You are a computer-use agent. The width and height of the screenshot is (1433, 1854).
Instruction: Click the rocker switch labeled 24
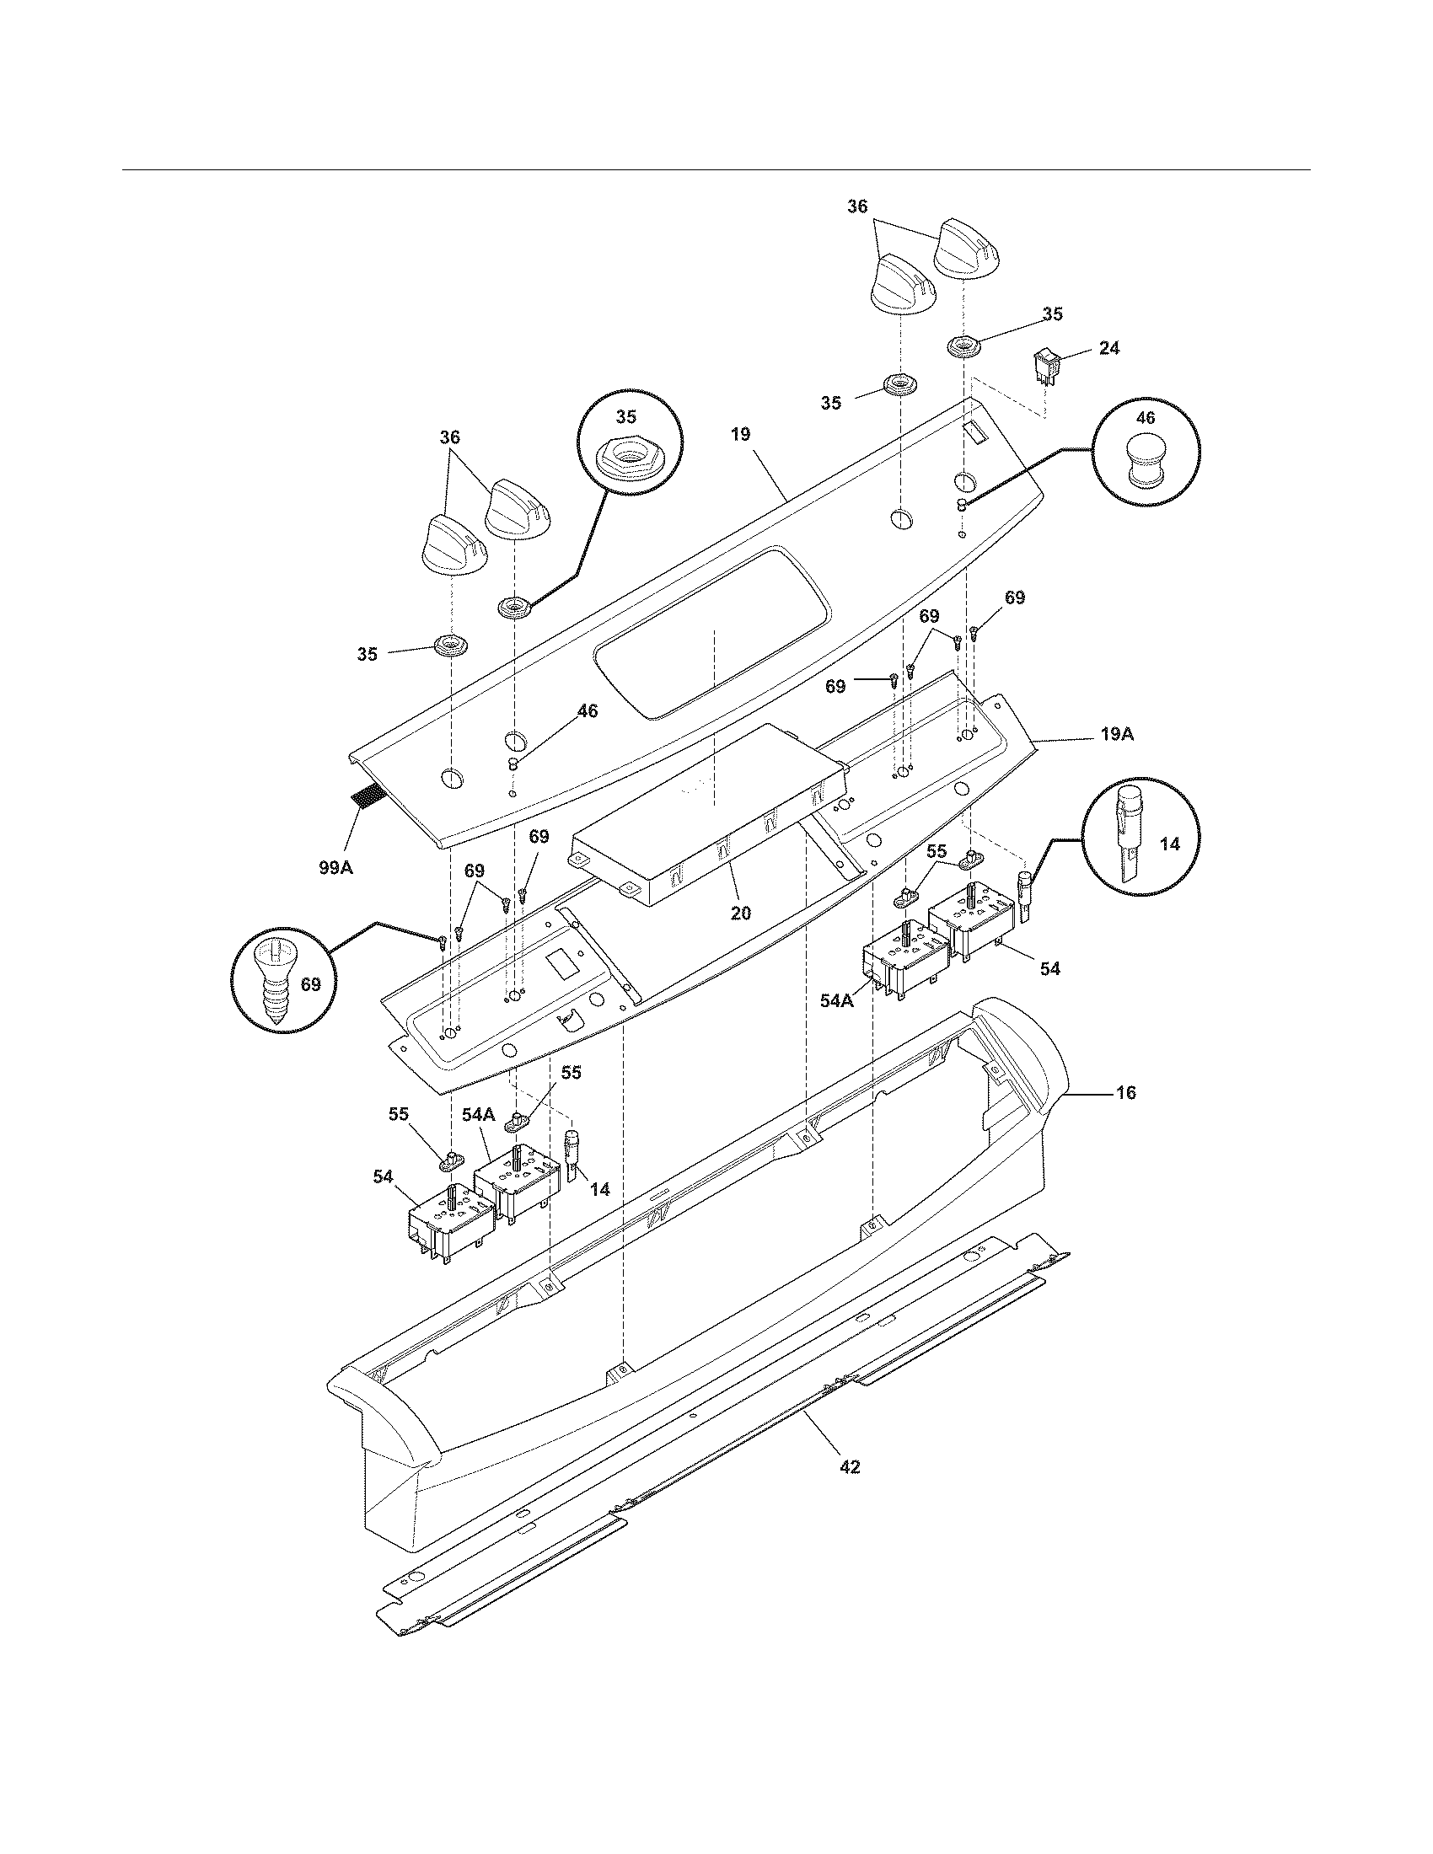pyautogui.click(x=1044, y=367)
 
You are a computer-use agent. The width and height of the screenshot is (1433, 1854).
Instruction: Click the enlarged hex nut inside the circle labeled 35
pyautogui.click(x=626, y=459)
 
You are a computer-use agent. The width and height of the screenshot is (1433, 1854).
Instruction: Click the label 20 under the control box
pyautogui.click(x=740, y=914)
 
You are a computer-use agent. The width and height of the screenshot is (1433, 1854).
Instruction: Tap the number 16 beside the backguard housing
pyautogui.click(x=1124, y=1092)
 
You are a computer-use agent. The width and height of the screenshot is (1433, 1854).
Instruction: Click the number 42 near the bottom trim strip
pyautogui.click(x=849, y=1467)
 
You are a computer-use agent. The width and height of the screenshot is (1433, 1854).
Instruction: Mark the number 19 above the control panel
pyautogui.click(x=739, y=435)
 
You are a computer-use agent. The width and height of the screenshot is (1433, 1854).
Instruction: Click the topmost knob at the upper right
pyautogui.click(x=969, y=247)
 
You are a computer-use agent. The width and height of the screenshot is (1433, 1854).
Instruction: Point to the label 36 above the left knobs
pyautogui.click(x=449, y=437)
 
